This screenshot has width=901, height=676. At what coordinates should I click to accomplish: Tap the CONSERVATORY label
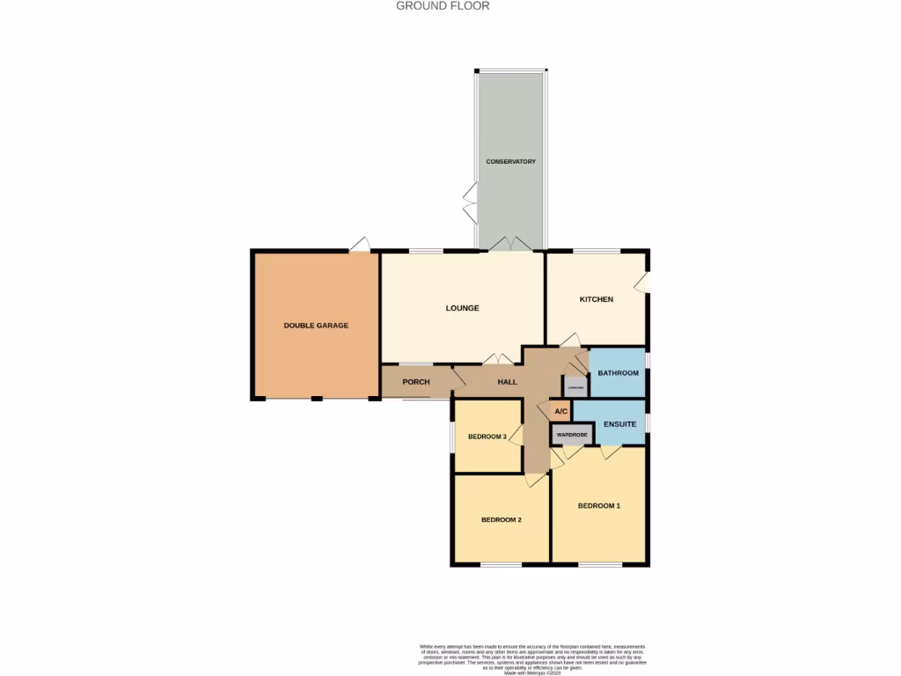(x=510, y=162)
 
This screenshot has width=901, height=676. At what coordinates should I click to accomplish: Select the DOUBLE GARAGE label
(x=316, y=326)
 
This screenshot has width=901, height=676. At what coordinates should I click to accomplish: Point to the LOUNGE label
(x=462, y=308)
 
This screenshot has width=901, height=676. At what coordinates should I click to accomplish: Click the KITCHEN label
(x=596, y=300)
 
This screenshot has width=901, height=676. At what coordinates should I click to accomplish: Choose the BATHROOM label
(x=619, y=373)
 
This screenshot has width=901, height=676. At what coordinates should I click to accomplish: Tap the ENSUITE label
(x=619, y=425)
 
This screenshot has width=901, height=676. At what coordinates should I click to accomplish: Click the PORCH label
(x=415, y=382)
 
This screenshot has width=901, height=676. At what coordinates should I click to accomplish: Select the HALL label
(x=508, y=382)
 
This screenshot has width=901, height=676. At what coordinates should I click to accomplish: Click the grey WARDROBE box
(x=572, y=434)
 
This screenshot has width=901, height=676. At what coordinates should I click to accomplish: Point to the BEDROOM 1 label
(x=599, y=506)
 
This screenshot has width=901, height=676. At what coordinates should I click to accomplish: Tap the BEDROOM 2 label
(x=502, y=520)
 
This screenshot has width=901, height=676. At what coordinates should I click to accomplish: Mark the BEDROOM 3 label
(x=487, y=437)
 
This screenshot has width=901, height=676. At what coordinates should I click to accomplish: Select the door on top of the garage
(x=359, y=246)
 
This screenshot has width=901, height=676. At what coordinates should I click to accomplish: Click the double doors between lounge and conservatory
(x=510, y=244)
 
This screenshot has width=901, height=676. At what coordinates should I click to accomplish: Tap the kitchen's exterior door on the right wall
(x=642, y=282)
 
